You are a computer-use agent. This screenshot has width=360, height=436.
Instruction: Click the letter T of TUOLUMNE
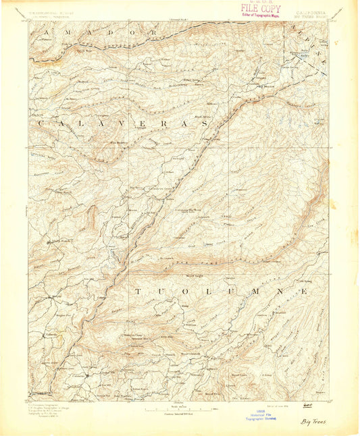coord(138,292)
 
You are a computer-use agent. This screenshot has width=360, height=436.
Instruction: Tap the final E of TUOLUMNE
coord(306,292)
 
